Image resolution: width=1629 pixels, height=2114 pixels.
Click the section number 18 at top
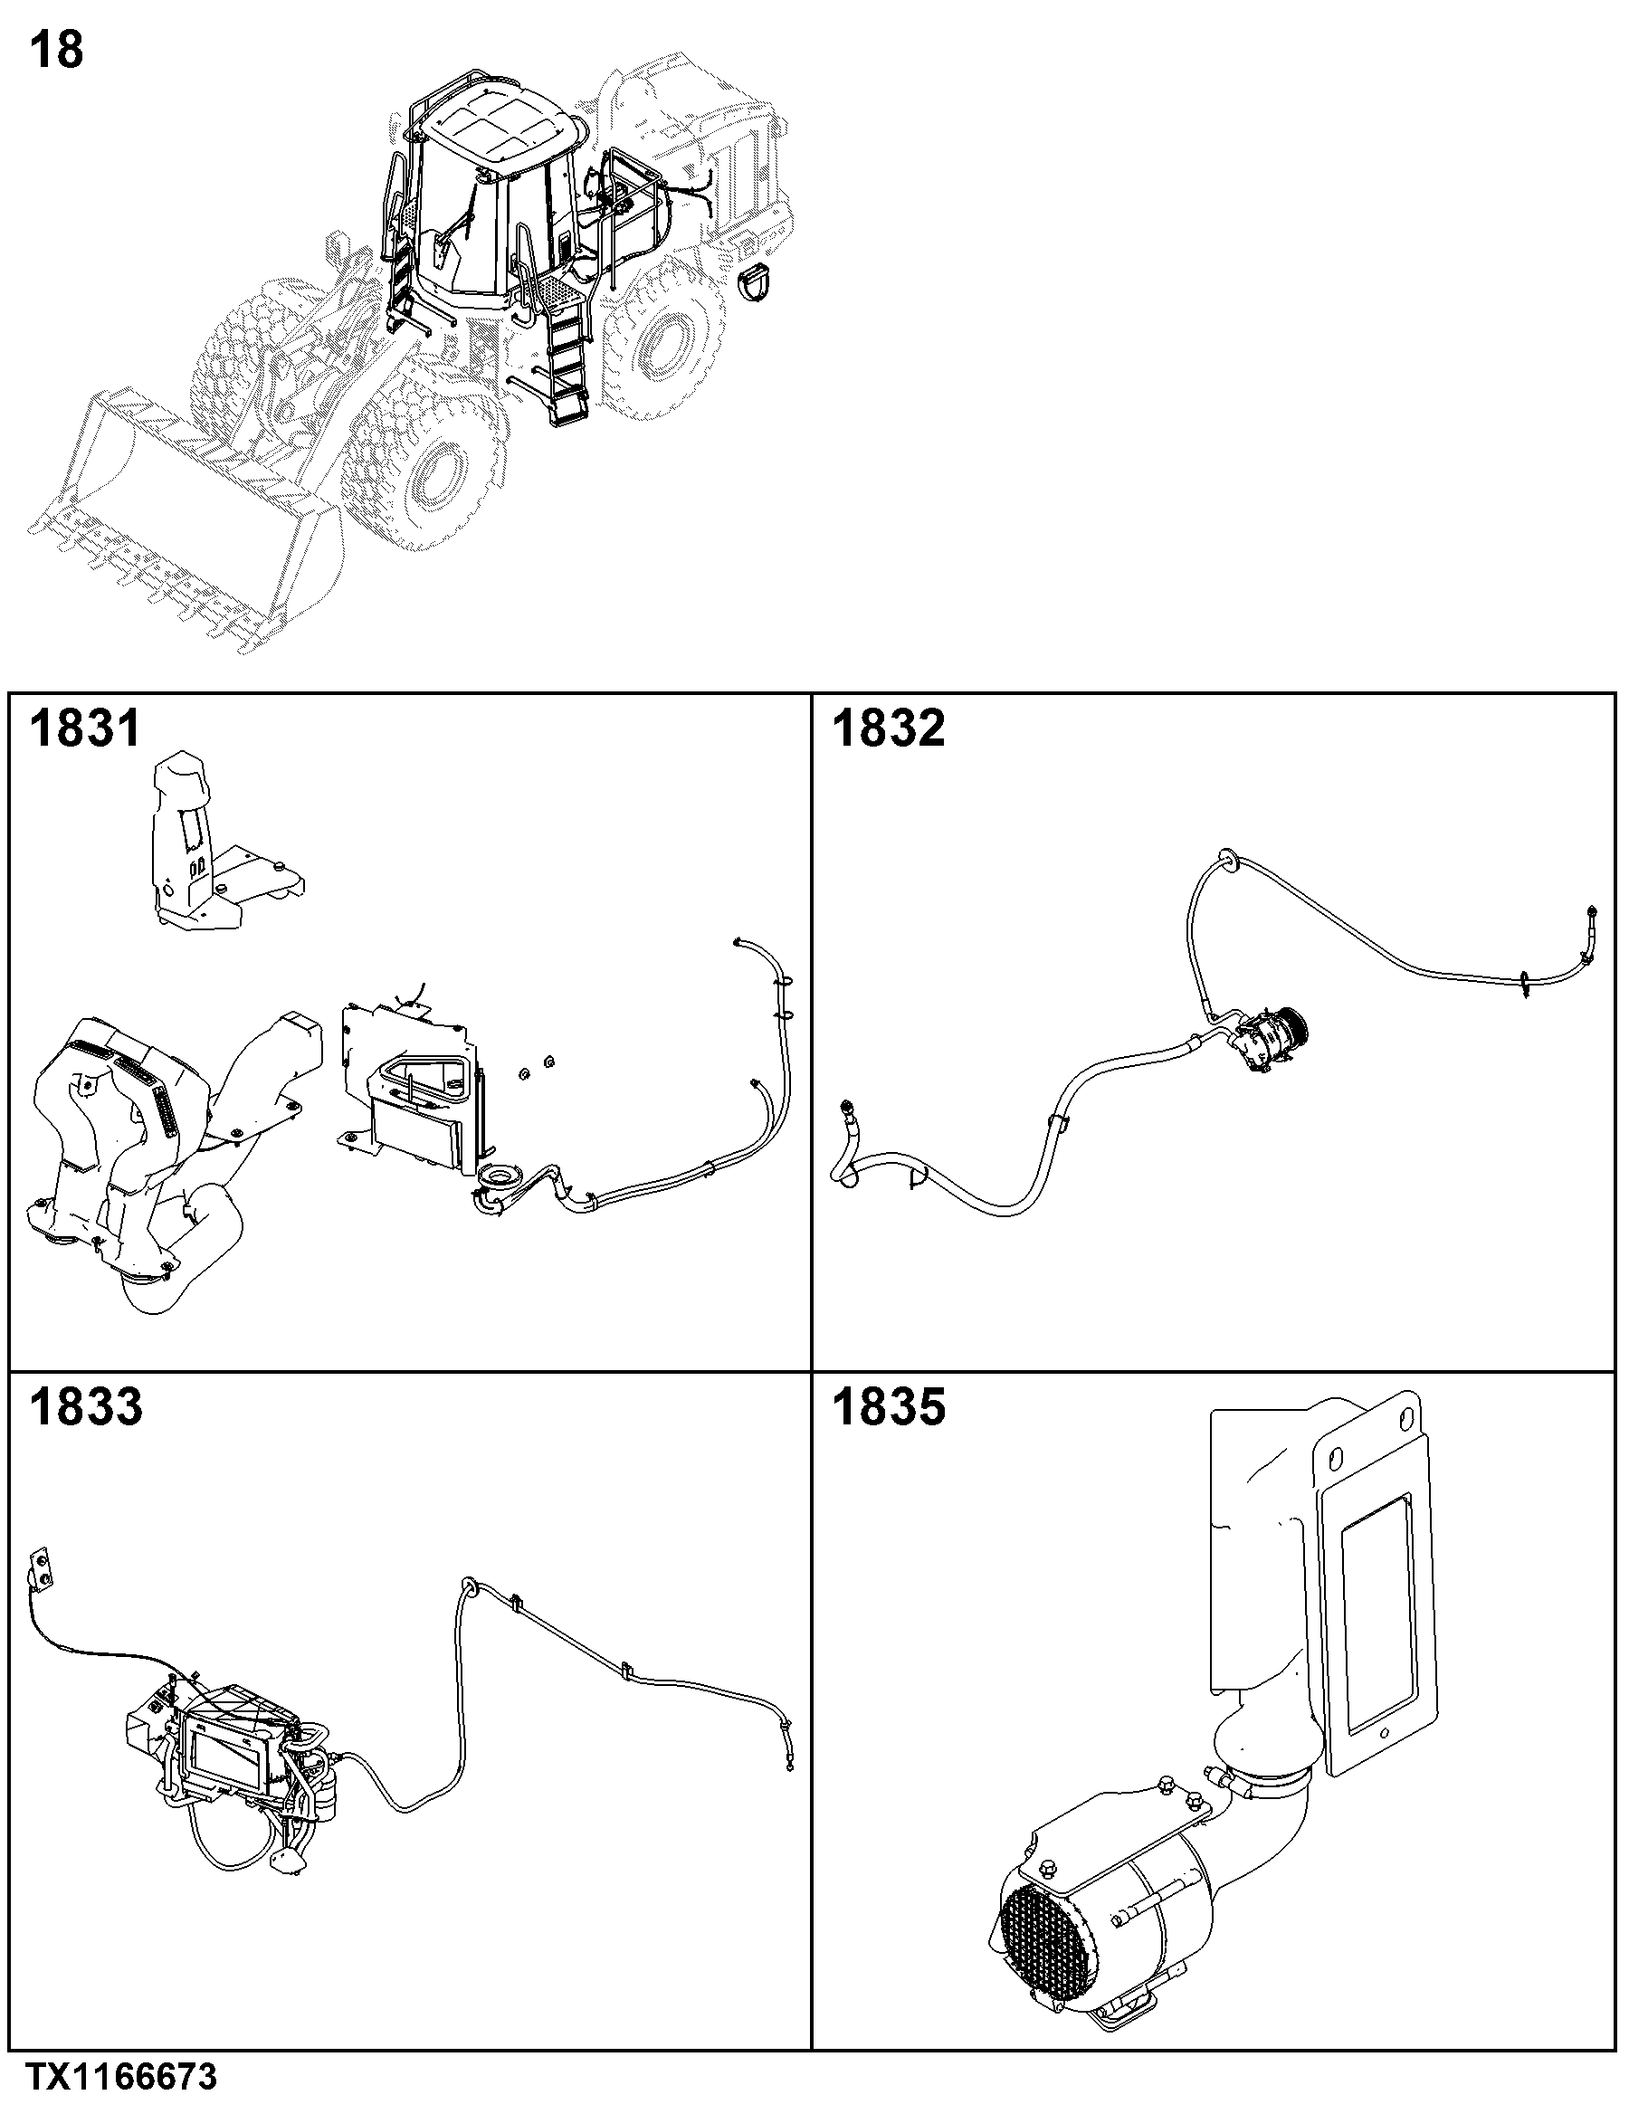point(57,51)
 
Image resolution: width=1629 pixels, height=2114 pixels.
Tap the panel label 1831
point(85,728)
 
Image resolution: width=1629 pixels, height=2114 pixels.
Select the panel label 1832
point(889,728)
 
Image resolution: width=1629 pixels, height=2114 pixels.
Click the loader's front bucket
point(184,523)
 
